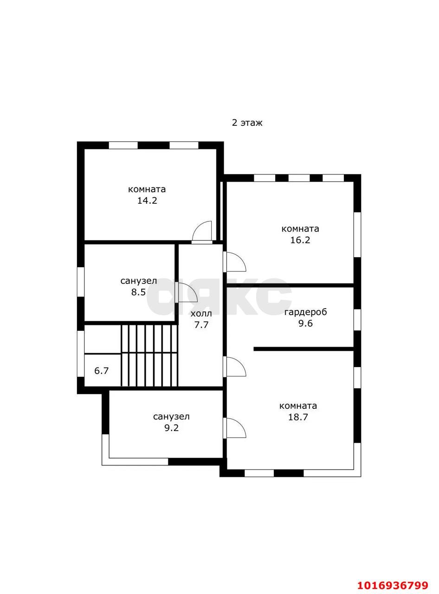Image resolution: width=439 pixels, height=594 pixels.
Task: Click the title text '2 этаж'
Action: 247,123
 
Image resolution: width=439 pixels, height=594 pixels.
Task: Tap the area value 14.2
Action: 147,200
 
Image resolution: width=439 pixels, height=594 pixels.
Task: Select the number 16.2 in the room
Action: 300,240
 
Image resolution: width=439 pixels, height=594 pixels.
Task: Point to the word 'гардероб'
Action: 306,312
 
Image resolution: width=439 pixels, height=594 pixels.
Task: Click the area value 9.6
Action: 306,323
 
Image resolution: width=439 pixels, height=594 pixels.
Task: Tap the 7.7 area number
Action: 201,325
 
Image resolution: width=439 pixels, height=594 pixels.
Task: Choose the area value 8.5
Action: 138,291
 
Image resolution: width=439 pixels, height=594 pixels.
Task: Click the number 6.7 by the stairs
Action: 102,371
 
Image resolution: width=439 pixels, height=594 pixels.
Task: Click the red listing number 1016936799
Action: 393,578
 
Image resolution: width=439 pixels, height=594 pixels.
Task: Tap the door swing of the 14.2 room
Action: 202,231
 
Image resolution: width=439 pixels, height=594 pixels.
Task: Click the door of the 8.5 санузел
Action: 187,293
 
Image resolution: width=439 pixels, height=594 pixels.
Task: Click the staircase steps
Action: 149,355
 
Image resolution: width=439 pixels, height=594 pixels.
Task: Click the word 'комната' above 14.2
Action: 147,189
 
